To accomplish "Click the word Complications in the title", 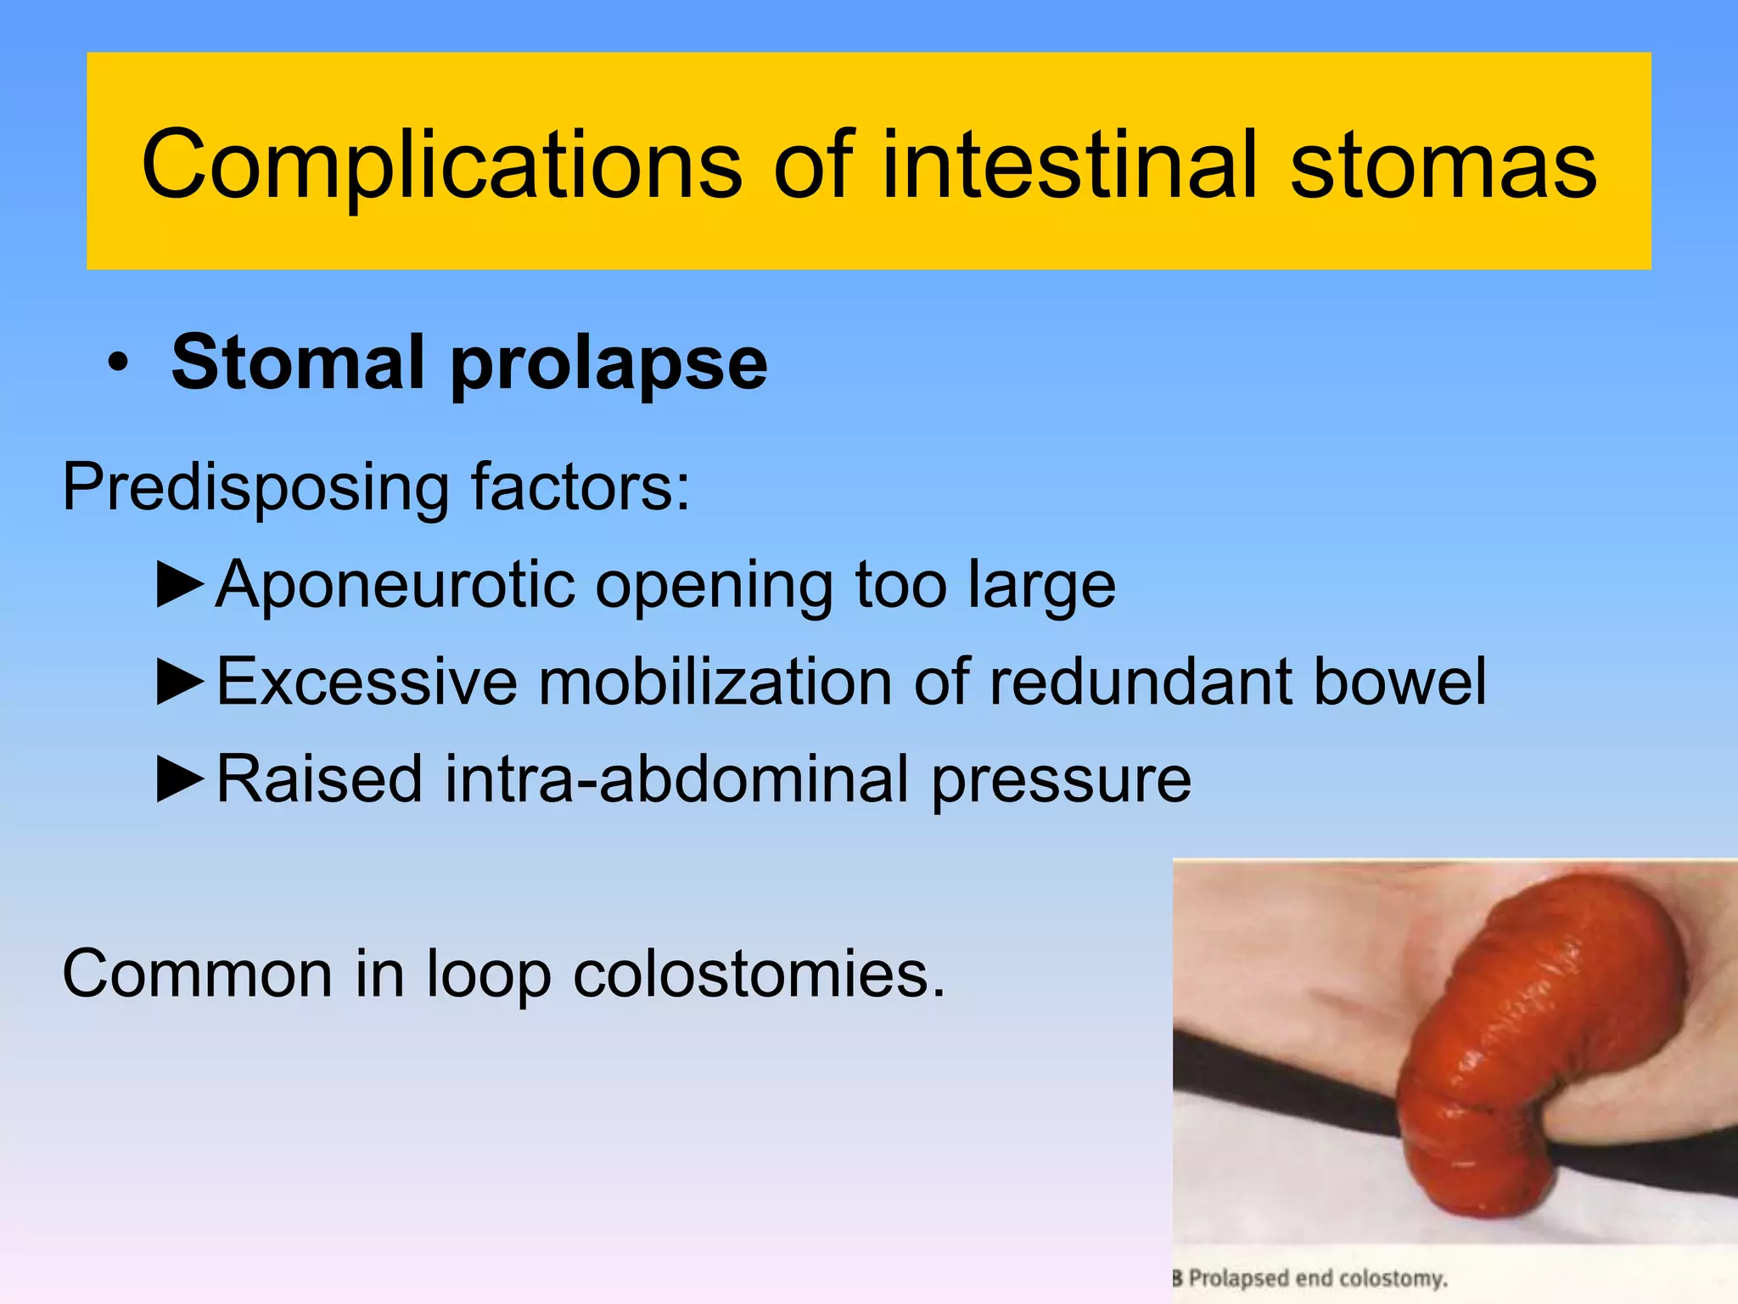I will point(441,166).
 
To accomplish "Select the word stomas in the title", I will point(1444,166).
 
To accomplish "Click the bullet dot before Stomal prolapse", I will point(118,365).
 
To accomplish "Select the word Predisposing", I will point(255,489).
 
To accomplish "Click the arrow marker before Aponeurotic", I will point(181,585).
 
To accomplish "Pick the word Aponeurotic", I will point(395,585).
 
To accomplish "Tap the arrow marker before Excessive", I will point(181,683).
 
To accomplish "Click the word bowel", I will point(1400,683).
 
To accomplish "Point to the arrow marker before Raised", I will point(181,779).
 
